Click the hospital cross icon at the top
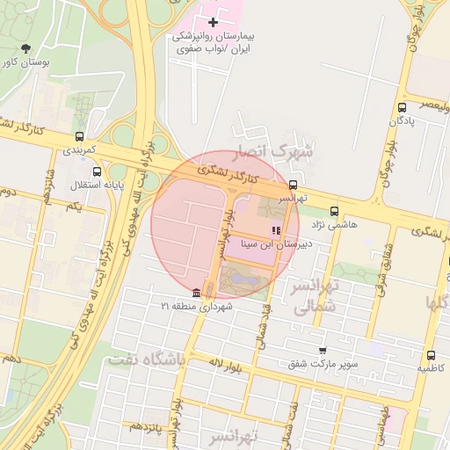coord(213,21)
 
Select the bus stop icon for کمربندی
coord(81,136)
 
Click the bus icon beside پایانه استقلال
coord(97,172)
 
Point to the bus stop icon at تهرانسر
coord(293,185)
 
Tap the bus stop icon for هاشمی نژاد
coord(334,211)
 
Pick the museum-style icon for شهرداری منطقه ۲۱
coord(196,291)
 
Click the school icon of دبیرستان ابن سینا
coord(277,230)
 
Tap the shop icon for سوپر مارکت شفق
coord(323,350)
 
